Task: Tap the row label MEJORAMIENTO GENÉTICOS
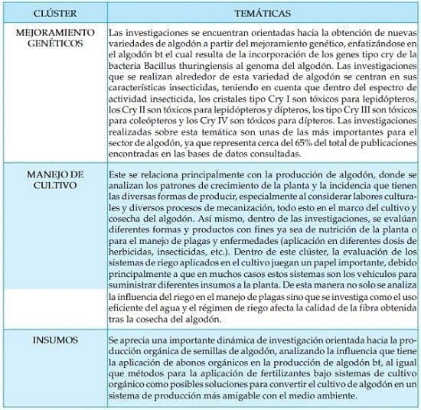(x=54, y=39)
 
